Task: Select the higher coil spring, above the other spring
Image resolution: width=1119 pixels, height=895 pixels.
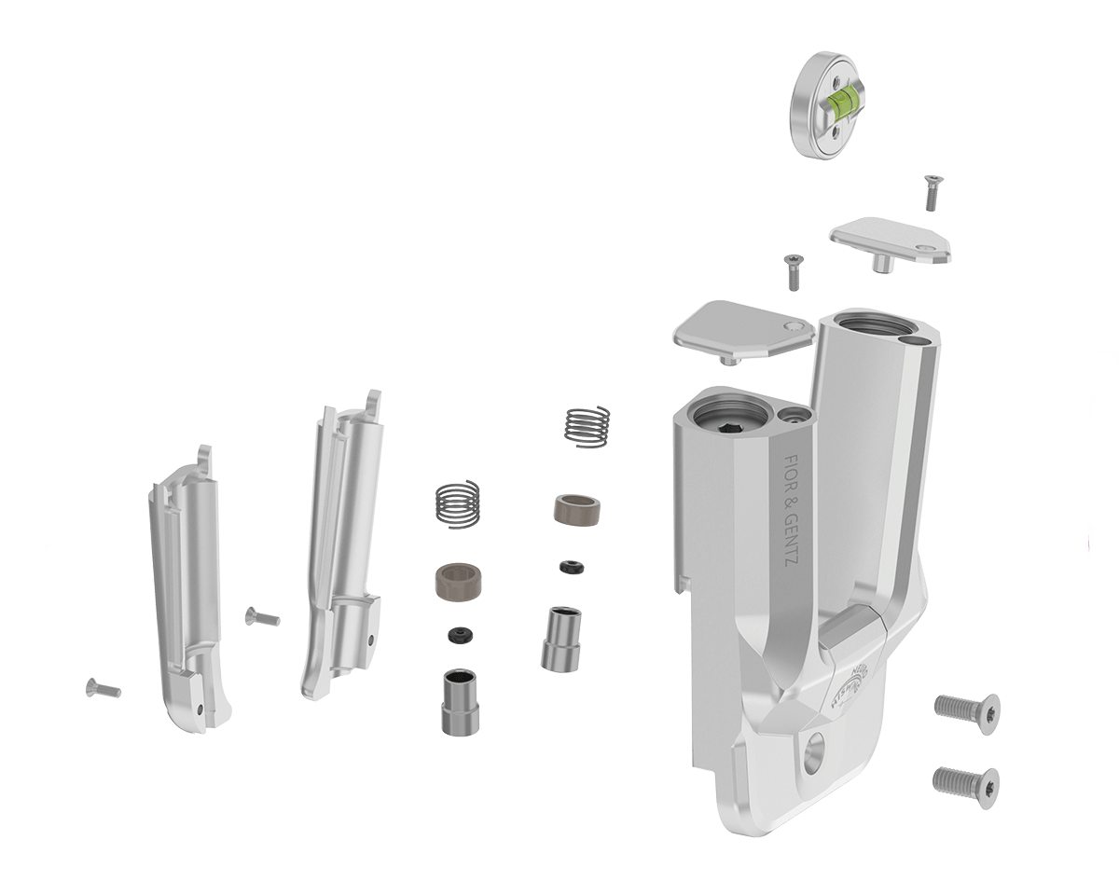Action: point(588,426)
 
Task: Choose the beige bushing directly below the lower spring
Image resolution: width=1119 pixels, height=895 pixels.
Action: point(458,584)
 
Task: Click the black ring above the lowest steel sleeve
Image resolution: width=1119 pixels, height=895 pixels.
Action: point(458,635)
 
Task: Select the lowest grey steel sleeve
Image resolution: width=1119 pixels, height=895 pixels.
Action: point(460,701)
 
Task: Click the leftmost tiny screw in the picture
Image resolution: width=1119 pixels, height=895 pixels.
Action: point(102,688)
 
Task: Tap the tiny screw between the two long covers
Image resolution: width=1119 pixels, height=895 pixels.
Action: point(261,615)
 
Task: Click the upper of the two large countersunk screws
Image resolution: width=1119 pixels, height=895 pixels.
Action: point(967,708)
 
